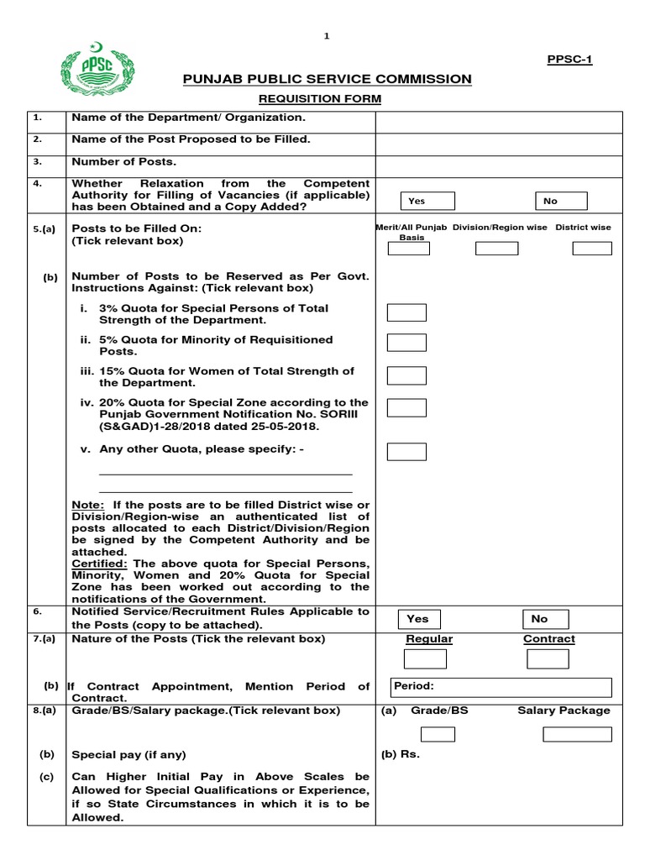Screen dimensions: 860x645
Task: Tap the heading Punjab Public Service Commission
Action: coord(328,79)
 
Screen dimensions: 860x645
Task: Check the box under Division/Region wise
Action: coord(496,248)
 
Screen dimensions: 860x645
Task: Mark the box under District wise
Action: coord(592,248)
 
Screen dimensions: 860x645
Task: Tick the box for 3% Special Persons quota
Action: coord(406,312)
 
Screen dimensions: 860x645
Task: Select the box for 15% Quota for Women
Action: coord(406,375)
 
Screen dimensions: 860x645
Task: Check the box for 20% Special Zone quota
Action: coord(406,407)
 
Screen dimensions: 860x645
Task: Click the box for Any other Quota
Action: coord(406,451)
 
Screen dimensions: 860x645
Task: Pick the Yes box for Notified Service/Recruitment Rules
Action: coord(427,619)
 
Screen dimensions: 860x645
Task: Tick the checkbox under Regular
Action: coord(429,658)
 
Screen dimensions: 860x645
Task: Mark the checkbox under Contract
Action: coord(548,658)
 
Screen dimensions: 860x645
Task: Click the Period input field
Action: coord(501,686)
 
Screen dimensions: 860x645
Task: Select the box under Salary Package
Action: coord(577,734)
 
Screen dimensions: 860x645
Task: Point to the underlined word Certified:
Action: coord(99,563)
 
